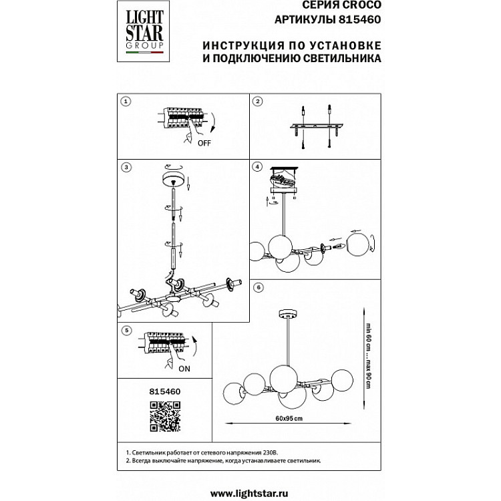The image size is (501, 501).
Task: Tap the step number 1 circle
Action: click(x=125, y=102)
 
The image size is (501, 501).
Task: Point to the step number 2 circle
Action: click(x=259, y=102)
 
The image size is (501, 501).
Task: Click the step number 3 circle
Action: click(x=125, y=166)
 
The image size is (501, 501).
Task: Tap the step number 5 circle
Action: click(x=125, y=330)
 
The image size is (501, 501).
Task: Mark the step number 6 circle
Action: click(x=259, y=287)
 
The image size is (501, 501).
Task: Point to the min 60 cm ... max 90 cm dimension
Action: click(x=367, y=357)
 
